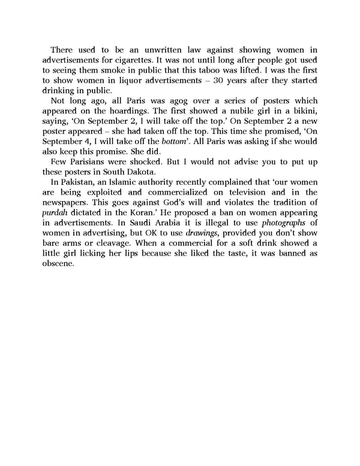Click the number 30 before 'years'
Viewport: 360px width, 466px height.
(210, 80)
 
